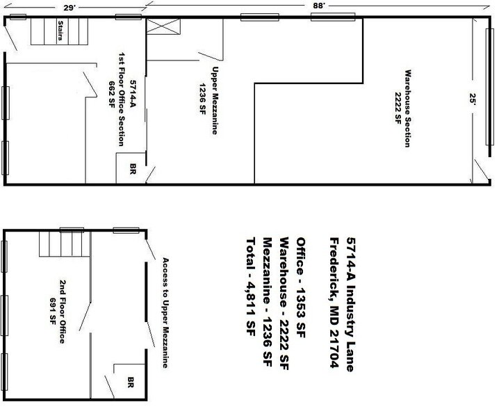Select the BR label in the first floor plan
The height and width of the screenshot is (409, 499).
coord(132,168)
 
